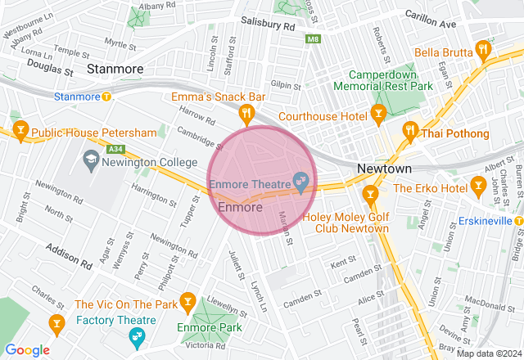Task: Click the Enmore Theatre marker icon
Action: coord(300,181)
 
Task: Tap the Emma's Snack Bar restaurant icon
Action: coord(244,113)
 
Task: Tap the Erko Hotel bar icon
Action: coord(478,187)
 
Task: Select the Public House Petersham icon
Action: coord(20,129)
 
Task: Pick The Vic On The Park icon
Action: coord(187,302)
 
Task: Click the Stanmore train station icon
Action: coord(106,97)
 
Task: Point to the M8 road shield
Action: coord(313,38)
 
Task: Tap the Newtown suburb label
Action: coord(384,169)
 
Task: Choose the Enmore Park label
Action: coord(208,328)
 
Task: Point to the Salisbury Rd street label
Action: coord(267,25)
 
